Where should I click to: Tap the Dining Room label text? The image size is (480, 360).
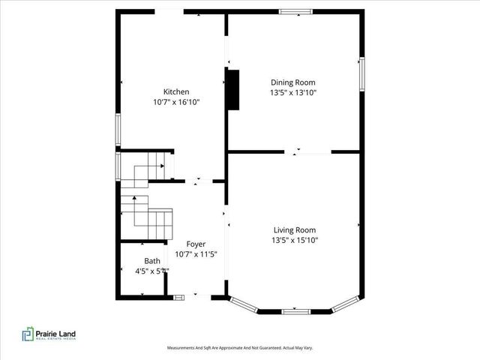pyautogui.click(x=292, y=82)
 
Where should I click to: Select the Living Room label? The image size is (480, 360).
pyautogui.click(x=293, y=230)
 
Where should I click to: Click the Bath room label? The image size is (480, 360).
pyautogui.click(x=152, y=261)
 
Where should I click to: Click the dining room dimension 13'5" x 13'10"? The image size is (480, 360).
pyautogui.click(x=293, y=93)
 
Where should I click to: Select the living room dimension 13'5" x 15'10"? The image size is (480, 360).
pyautogui.click(x=293, y=241)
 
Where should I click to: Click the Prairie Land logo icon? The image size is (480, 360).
pyautogui.click(x=28, y=334)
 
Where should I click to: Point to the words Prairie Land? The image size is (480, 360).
pyautogui.click(x=56, y=332)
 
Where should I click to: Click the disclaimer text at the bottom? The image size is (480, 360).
pyautogui.click(x=239, y=348)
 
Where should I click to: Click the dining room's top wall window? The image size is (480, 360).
pyautogui.click(x=295, y=11)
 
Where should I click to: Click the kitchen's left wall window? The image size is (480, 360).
pyautogui.click(x=117, y=129)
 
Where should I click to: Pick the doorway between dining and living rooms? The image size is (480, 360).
pyautogui.click(x=307, y=152)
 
